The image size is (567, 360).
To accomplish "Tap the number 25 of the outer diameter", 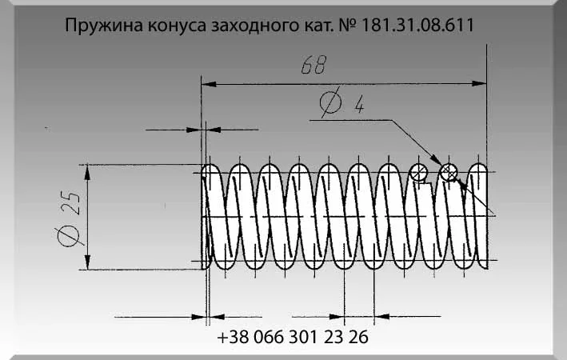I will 70,205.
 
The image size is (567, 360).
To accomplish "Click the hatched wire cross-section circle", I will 449,171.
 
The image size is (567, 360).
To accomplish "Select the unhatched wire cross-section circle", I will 418,171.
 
